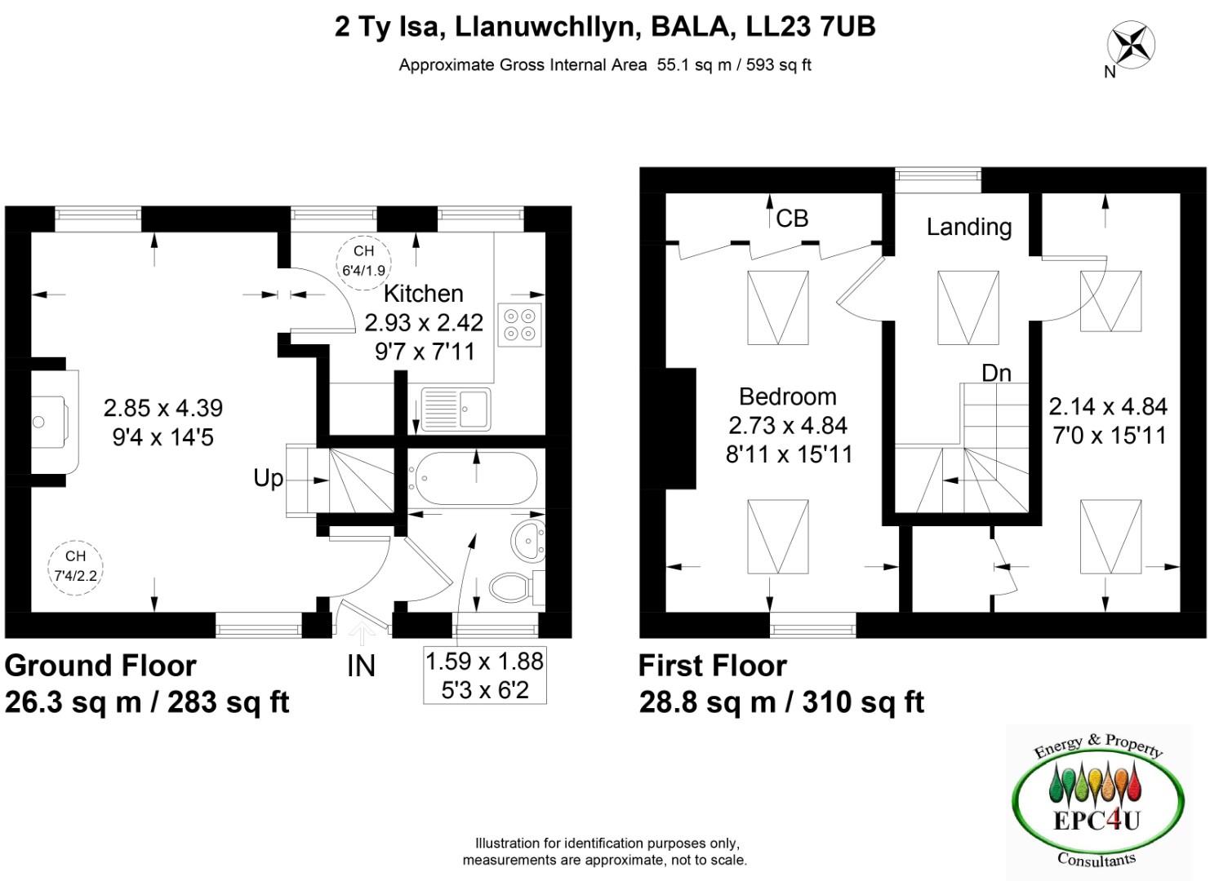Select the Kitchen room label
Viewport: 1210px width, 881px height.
point(423,294)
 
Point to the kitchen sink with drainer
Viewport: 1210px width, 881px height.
point(456,408)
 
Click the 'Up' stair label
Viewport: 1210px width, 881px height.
point(268,478)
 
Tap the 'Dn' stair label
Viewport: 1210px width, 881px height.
point(996,374)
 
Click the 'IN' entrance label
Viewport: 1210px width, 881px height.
point(361,666)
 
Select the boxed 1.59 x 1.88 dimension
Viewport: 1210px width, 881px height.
point(485,675)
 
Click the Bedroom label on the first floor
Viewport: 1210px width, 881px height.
point(787,397)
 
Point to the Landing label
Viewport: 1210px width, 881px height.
point(968,227)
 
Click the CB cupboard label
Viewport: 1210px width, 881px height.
point(791,219)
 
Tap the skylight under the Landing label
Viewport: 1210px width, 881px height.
point(968,308)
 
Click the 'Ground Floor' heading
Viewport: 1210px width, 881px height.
point(100,666)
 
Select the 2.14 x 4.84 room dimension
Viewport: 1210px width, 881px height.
point(1108,406)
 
